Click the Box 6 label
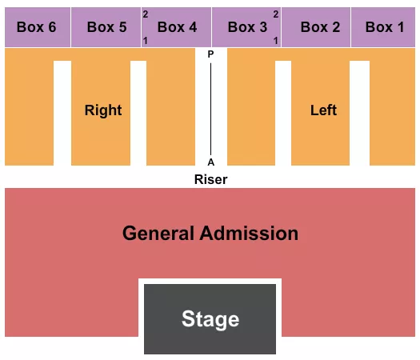pyautogui.click(x=36, y=27)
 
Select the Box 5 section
pyautogui.click(x=106, y=27)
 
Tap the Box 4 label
pyautogui.click(x=177, y=27)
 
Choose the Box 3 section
pyautogui.click(x=247, y=27)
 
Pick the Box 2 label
pyautogui.click(x=320, y=27)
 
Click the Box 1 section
pyautogui.click(x=385, y=27)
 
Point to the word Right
pyautogui.click(x=103, y=110)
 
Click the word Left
pyautogui.click(x=324, y=110)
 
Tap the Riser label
pyautogui.click(x=210, y=179)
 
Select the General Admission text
pyautogui.click(x=210, y=234)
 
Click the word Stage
pyautogui.click(x=210, y=319)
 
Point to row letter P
pyautogui.click(x=211, y=54)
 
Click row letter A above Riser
pyautogui.click(x=211, y=160)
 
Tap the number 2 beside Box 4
pyautogui.click(x=146, y=14)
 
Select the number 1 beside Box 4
pyautogui.click(x=146, y=40)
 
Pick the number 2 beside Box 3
pyautogui.click(x=276, y=14)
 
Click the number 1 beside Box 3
pyautogui.click(x=276, y=40)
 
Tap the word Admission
pyautogui.click(x=249, y=234)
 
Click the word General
pyautogui.click(x=158, y=234)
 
